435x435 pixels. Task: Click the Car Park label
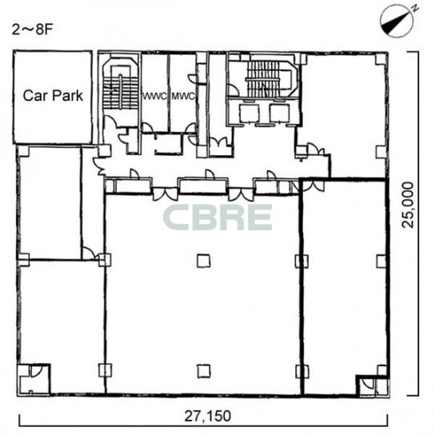click(53, 96)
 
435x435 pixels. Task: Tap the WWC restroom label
click(155, 97)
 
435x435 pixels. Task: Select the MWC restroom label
click(183, 97)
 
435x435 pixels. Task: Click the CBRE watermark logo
click(217, 217)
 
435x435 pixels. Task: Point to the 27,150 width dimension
click(208, 416)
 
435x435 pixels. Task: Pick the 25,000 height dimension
click(408, 205)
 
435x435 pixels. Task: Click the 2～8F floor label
click(32, 30)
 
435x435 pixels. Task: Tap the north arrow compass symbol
click(397, 21)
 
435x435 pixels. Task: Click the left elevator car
click(249, 114)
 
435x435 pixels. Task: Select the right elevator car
click(280, 114)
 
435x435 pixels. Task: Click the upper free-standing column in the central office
click(204, 261)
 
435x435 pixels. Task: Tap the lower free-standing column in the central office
click(204, 371)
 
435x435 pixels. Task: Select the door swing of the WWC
click(147, 128)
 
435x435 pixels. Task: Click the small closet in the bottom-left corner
click(34, 379)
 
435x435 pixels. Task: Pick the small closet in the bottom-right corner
click(373, 386)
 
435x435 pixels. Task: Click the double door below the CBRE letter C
click(166, 194)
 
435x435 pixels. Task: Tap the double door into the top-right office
click(316, 150)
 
